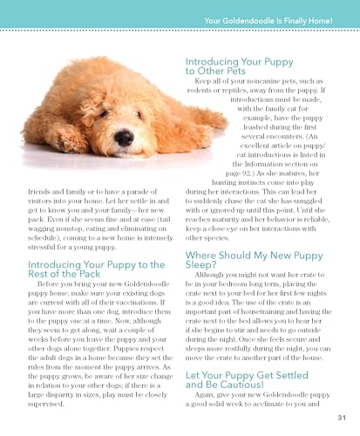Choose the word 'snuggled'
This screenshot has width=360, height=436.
(x=314, y=212)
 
